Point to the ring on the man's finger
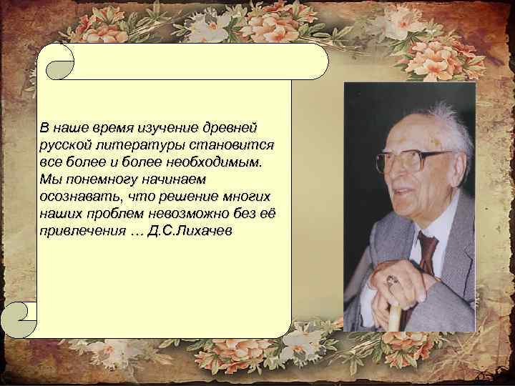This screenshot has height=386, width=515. click(391, 279)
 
